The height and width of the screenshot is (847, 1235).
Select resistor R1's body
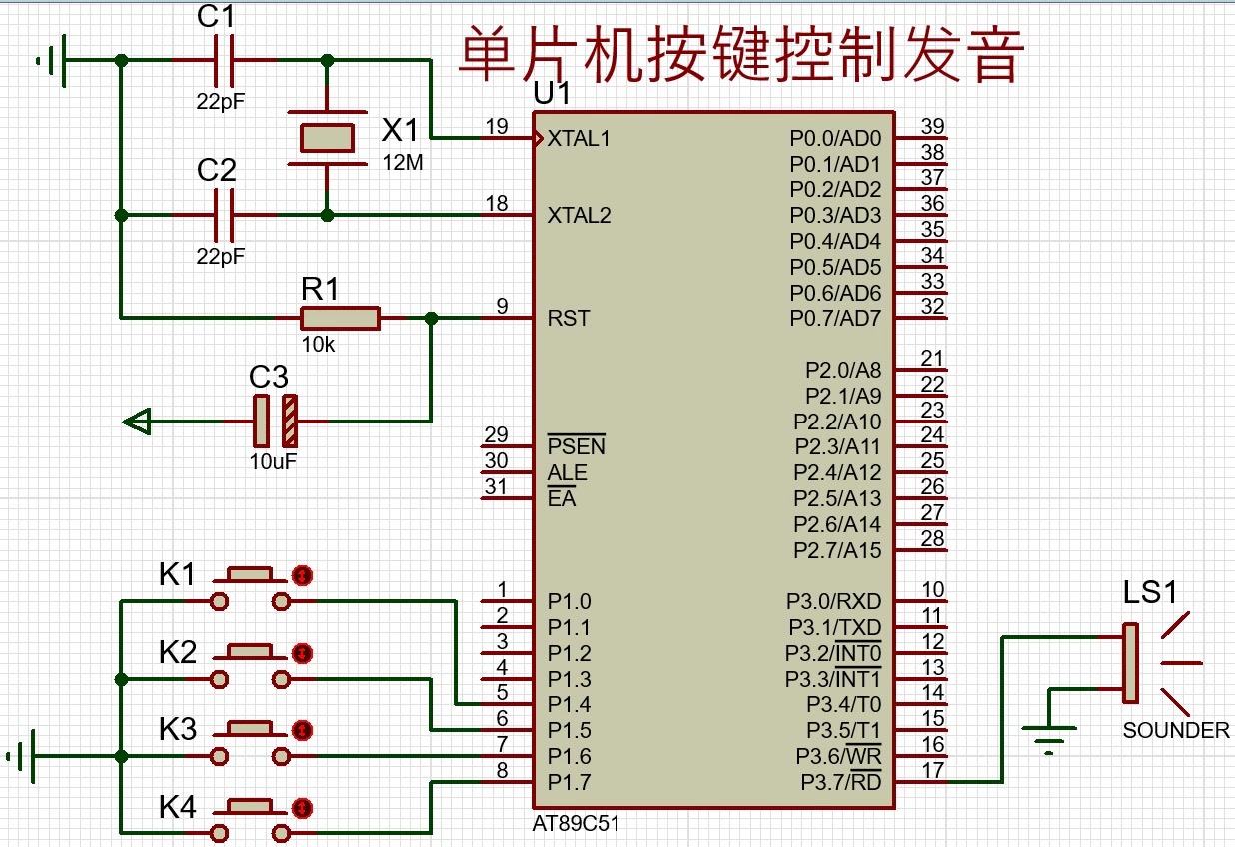pyautogui.click(x=340, y=318)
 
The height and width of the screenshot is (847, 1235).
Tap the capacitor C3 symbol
pyautogui.click(x=275, y=421)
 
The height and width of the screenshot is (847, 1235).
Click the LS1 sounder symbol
pyautogui.click(x=1132, y=662)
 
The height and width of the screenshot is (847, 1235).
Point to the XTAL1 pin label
pyautogui.click(x=579, y=139)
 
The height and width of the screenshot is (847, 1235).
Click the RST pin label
pyautogui.click(x=568, y=319)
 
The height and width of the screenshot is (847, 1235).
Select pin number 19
pyautogui.click(x=496, y=127)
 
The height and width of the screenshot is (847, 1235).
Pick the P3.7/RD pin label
pyautogui.click(x=840, y=782)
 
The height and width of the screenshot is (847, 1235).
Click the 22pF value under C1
pyautogui.click(x=221, y=102)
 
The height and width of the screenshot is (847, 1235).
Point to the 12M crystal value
pyautogui.click(x=402, y=162)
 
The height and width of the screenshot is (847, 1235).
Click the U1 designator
pyautogui.click(x=552, y=94)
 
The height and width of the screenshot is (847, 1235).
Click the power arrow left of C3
pyautogui.click(x=137, y=422)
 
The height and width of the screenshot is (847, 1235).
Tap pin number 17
pyautogui.click(x=932, y=771)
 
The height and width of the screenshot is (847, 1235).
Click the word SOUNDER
pyautogui.click(x=1176, y=731)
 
